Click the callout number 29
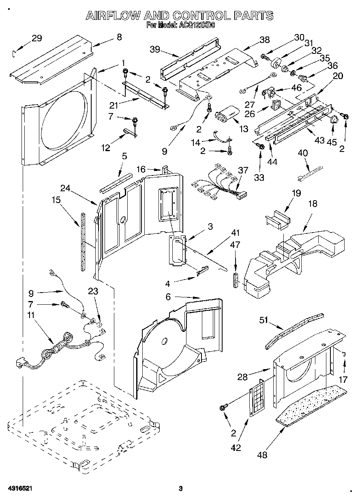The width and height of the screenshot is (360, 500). tap(36, 38)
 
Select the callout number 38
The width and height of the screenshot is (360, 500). tap(264, 39)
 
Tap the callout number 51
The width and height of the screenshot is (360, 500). tap(264, 320)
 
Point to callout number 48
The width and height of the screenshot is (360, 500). tap(262, 455)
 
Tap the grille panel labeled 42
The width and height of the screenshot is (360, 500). tap(256, 399)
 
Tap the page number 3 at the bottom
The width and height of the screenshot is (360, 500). tap(181, 489)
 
